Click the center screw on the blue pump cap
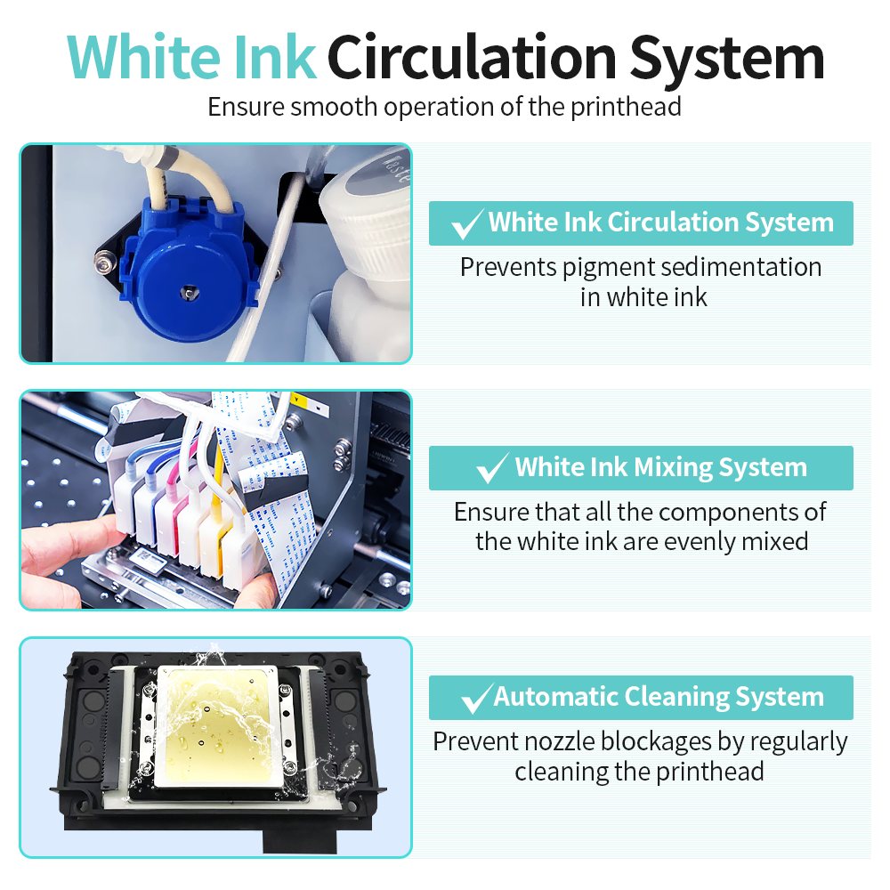pos(189,291)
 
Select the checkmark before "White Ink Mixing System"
pos(492,469)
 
